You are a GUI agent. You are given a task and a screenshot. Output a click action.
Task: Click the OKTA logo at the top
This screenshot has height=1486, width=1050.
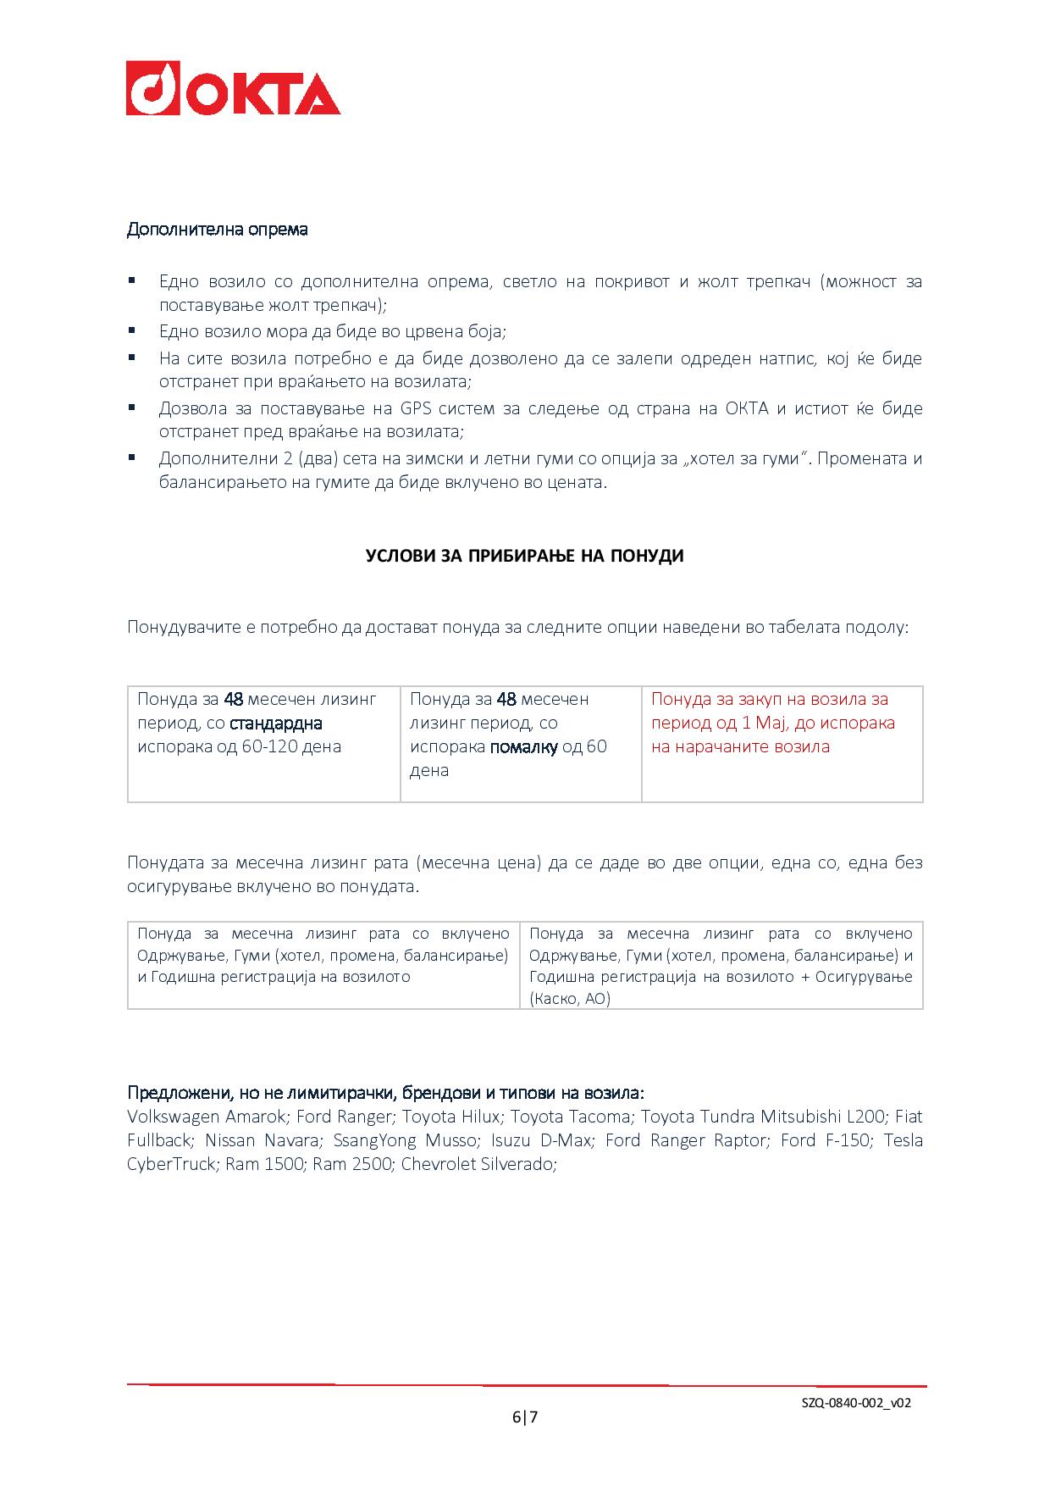[x=233, y=88]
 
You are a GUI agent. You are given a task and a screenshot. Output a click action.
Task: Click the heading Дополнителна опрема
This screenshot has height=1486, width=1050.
[x=217, y=230]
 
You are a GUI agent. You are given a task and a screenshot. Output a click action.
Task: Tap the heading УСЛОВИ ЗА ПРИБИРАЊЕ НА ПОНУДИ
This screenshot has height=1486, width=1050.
[x=524, y=557]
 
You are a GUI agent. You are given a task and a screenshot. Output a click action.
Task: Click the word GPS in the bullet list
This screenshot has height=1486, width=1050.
[x=417, y=409]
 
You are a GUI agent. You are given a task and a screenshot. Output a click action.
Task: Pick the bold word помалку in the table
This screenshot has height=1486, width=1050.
[x=523, y=747]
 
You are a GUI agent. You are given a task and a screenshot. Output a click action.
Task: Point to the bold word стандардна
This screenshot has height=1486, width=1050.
[x=276, y=724]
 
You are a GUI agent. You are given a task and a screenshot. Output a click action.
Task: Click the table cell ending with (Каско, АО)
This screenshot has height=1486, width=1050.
[x=721, y=966]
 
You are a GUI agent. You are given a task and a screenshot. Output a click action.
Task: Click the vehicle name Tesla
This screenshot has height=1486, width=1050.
[x=903, y=1140]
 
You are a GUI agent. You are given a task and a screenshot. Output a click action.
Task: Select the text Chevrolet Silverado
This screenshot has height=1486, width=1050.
[x=478, y=1164]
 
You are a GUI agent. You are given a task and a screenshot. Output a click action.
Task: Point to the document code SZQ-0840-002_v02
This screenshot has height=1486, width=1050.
[x=855, y=1403]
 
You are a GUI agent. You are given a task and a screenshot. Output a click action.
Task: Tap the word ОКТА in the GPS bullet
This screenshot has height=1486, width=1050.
[x=746, y=409]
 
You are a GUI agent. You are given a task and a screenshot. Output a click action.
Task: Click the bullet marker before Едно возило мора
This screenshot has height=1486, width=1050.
[x=132, y=330]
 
